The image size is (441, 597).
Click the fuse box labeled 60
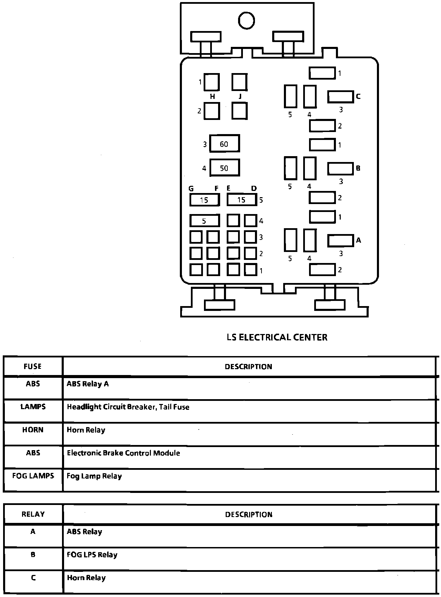click(x=224, y=144)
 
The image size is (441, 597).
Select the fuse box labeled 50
click(x=224, y=168)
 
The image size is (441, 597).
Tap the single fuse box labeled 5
click(x=204, y=221)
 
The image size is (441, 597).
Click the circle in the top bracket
click(x=246, y=20)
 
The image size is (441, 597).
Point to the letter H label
click(x=212, y=97)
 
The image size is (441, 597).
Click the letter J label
click(x=240, y=97)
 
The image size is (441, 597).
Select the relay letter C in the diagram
click(x=358, y=97)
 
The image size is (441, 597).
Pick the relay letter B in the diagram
click(x=358, y=168)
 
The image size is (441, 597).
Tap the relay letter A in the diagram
click(x=358, y=240)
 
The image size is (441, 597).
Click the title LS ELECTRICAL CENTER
click(x=277, y=337)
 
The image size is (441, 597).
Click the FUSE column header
click(x=33, y=366)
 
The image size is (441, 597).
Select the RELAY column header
click(x=33, y=514)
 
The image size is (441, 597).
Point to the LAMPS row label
click(x=33, y=407)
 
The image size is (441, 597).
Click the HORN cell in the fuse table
click(x=33, y=430)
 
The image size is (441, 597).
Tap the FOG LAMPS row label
click(x=33, y=476)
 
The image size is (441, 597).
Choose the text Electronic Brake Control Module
click(x=123, y=453)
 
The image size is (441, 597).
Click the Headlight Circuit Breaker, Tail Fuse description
click(x=128, y=407)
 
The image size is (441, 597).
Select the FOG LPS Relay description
click(x=92, y=555)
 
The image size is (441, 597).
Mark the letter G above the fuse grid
click(x=191, y=189)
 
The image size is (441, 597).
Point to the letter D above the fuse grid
click(x=254, y=189)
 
